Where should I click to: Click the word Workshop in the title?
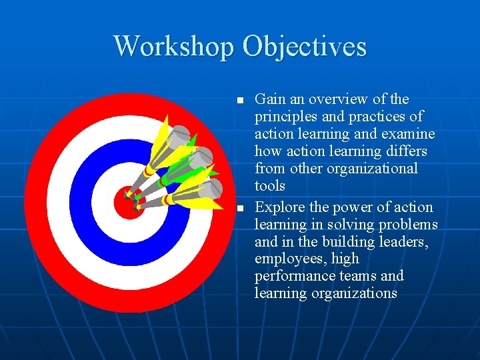[175, 47]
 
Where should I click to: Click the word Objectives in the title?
[305, 47]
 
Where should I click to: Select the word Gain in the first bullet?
[270, 99]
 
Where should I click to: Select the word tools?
[270, 186]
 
